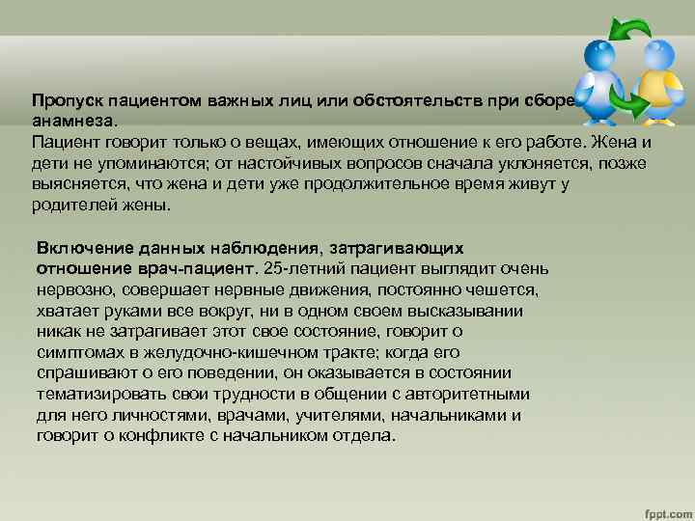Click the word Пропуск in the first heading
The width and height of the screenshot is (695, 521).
coord(62,100)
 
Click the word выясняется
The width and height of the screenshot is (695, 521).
coord(75,185)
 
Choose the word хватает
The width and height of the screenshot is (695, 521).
coord(67,311)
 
